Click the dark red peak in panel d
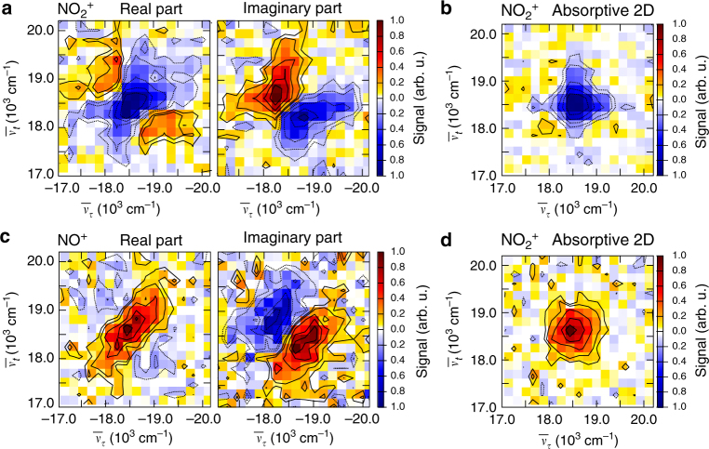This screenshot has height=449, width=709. [x=569, y=330]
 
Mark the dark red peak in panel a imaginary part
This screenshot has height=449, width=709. [x=275, y=95]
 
